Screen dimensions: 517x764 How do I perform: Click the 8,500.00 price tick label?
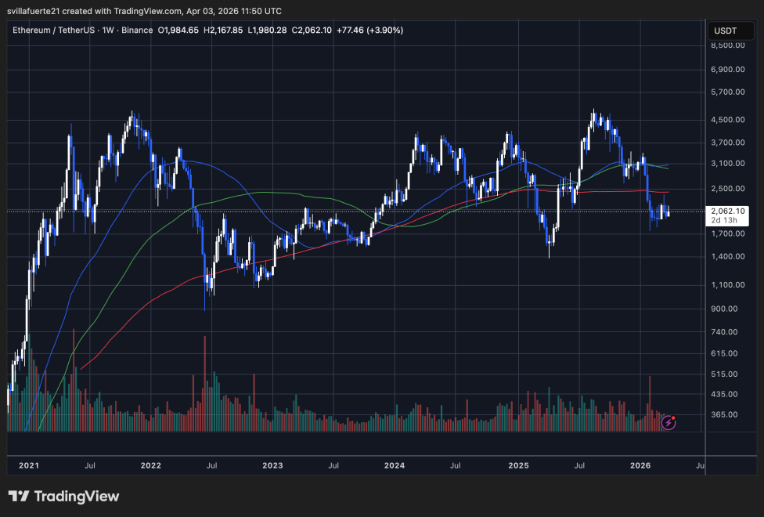click(727, 45)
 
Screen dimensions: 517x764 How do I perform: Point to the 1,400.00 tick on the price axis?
click(727, 257)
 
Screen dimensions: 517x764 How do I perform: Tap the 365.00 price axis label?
click(727, 414)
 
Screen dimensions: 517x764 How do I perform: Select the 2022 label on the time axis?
click(151, 465)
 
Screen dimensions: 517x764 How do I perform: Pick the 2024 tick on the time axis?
click(395, 465)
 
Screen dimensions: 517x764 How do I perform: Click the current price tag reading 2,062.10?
click(727, 211)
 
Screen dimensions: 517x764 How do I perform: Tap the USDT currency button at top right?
click(725, 31)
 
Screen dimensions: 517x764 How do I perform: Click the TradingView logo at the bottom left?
click(63, 497)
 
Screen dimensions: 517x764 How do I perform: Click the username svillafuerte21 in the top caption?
click(36, 9)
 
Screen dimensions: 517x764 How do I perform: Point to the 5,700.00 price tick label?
click(727, 92)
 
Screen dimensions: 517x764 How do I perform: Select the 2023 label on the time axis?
click(272, 465)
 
